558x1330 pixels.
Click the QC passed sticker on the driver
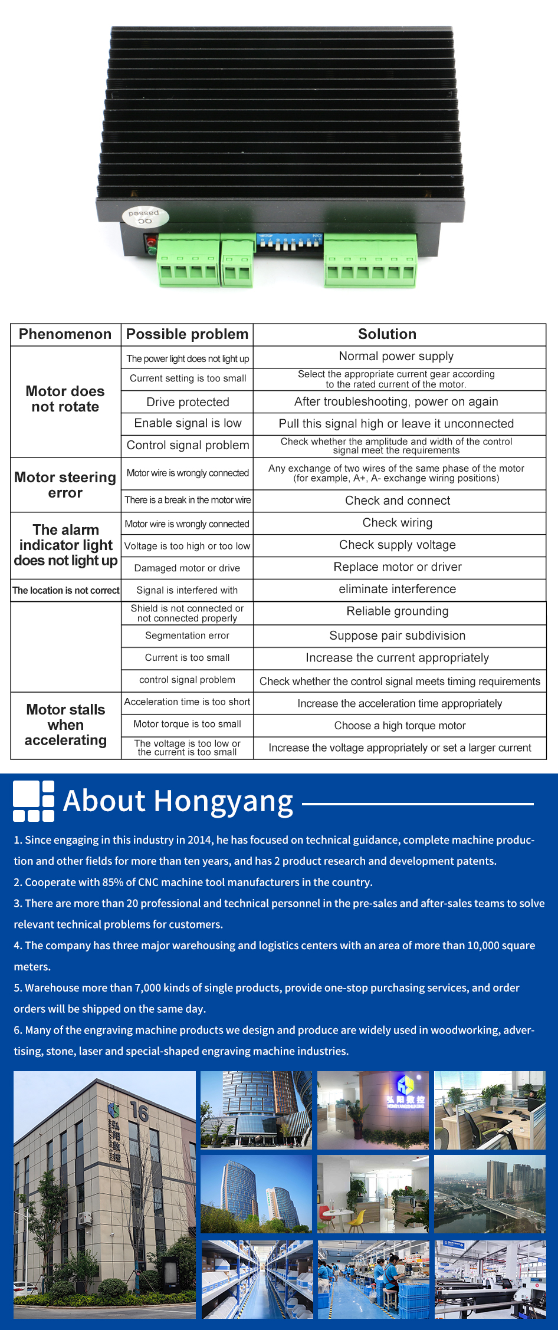(145, 217)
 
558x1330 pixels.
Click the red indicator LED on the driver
(151, 242)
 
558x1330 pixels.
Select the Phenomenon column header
(65, 334)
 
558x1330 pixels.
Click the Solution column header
(387, 334)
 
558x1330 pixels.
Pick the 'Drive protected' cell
(188, 402)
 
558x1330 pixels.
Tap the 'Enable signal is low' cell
(188, 423)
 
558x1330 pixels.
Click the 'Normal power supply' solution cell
(396, 356)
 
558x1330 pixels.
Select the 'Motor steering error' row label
(65, 485)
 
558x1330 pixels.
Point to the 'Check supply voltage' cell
(398, 545)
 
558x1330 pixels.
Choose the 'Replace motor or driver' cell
(398, 567)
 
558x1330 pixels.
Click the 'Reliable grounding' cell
(398, 611)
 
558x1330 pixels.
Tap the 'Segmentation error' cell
(188, 636)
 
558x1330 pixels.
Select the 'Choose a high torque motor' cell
(400, 726)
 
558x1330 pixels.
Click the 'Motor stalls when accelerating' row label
(65, 725)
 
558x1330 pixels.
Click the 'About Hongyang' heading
(178, 801)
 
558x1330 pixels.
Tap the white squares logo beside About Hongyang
(34, 801)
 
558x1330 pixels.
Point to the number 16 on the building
(139, 1112)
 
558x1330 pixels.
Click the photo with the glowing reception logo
(373, 1110)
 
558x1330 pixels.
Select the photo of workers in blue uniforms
(373, 1279)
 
